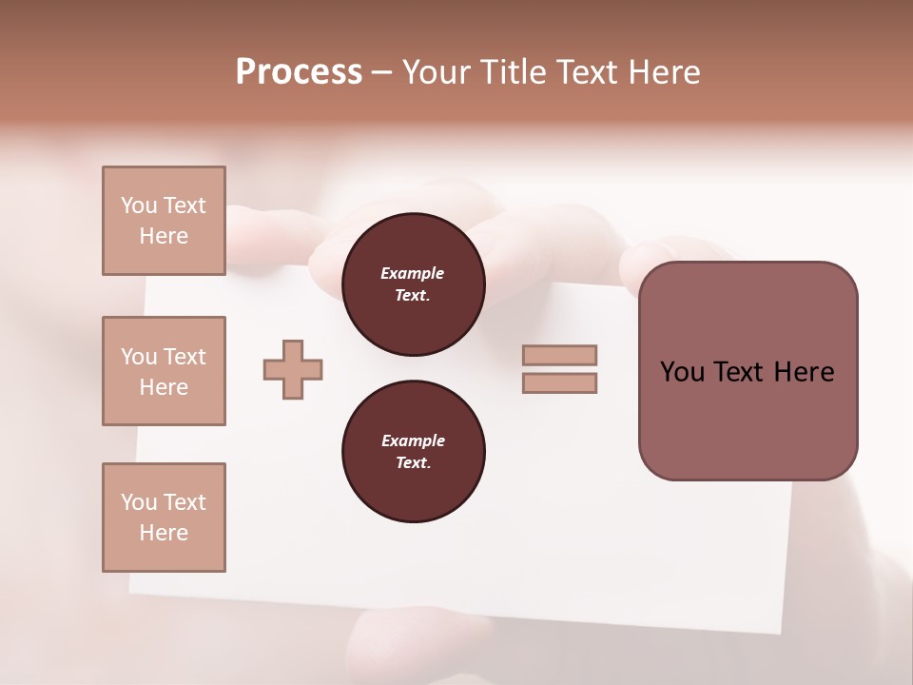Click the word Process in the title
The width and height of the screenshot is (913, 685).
tap(299, 72)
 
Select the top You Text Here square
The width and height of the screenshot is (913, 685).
tap(164, 221)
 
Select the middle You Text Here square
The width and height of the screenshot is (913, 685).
tap(164, 371)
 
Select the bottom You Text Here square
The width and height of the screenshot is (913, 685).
tap(164, 518)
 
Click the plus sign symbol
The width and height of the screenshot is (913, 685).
tap(293, 369)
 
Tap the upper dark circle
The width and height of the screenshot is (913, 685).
tap(413, 284)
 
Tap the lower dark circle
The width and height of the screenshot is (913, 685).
tap(413, 451)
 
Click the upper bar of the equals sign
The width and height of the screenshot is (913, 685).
tap(559, 355)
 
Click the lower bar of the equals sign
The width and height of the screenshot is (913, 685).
tap(559, 382)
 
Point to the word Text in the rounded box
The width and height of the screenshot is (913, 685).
tap(739, 372)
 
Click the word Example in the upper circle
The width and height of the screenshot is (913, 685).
tap(413, 273)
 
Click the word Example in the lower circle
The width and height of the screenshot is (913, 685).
tap(413, 440)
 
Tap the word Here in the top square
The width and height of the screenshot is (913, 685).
tap(164, 236)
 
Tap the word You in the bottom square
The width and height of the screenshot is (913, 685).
tap(139, 502)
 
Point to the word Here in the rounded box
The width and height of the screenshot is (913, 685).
tap(805, 372)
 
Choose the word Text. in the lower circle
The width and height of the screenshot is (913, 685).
tap(413, 462)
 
